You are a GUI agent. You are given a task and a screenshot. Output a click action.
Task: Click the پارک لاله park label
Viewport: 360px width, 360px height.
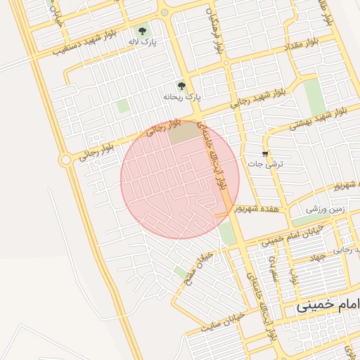click(x=142, y=42)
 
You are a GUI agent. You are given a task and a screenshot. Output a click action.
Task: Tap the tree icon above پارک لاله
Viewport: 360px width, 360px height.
click(x=143, y=31)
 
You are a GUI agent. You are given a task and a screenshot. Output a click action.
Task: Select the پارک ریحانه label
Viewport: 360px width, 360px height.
click(x=182, y=96)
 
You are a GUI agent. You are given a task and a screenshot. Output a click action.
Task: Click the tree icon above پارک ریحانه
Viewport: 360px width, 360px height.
click(x=182, y=86)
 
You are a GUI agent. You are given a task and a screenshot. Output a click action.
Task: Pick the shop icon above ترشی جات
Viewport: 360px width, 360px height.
click(x=264, y=153)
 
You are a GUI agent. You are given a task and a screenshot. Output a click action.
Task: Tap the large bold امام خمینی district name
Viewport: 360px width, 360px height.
click(x=328, y=306)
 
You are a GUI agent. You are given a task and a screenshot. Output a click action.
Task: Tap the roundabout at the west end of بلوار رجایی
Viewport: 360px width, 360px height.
click(x=66, y=160)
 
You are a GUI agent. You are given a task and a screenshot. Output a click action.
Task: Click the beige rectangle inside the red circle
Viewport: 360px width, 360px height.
click(x=183, y=132)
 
